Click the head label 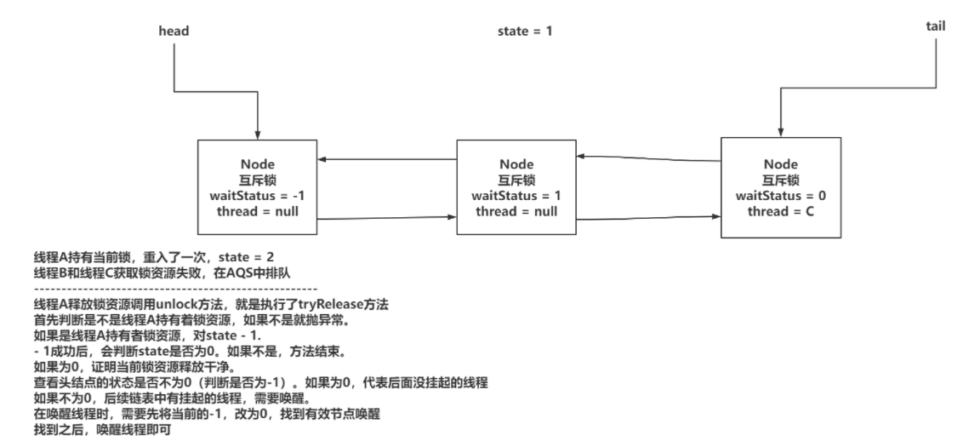(174, 31)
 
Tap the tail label (936, 26)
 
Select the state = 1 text (525, 31)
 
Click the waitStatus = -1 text (257, 196)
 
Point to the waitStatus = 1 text (516, 196)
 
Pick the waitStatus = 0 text (781, 196)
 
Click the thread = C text (781, 211)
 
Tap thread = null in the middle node (516, 211)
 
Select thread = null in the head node (257, 211)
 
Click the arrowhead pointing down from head (257, 135)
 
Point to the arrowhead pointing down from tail (781, 132)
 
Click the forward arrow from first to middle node (387, 218)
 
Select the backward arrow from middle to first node (387, 159)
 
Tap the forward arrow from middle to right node (648, 218)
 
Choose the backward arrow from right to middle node (648, 158)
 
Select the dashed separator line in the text (175, 289)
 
